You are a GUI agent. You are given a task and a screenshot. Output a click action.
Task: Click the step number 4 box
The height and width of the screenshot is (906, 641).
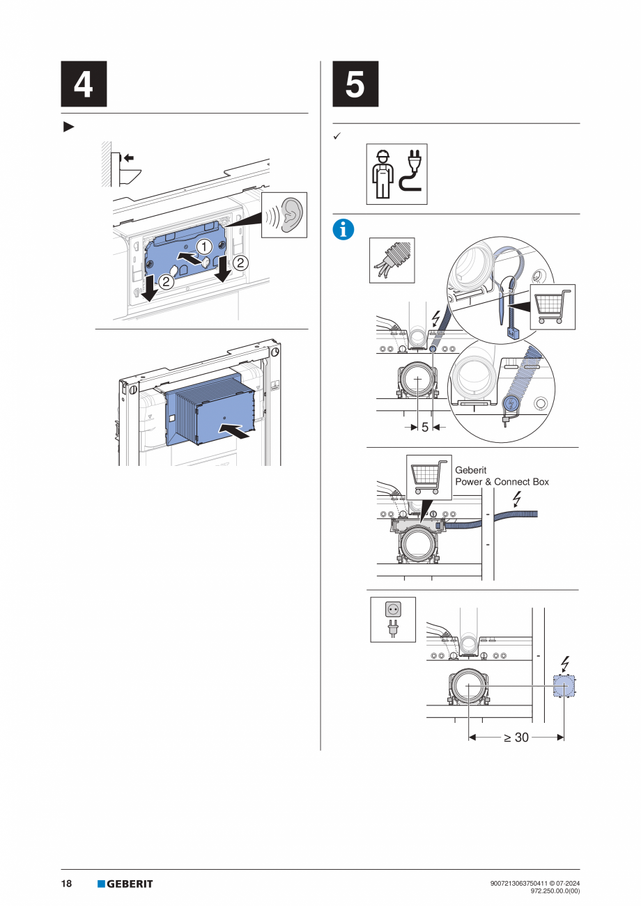click(x=84, y=84)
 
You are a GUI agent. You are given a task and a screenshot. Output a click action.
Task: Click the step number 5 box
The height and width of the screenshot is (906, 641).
click(x=355, y=84)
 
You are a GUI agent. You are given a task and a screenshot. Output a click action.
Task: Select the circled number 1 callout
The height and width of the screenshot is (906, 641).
click(x=203, y=247)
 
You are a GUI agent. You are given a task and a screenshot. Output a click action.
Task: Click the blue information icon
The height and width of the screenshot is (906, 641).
click(x=343, y=229)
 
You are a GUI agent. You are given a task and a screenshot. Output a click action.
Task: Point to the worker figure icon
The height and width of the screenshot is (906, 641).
click(x=383, y=174)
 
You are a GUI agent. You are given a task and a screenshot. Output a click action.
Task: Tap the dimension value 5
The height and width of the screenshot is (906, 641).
click(x=425, y=428)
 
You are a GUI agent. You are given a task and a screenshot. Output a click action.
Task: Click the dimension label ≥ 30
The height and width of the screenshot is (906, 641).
click(x=516, y=737)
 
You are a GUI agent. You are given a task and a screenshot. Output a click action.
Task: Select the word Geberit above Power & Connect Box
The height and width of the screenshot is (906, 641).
click(x=470, y=470)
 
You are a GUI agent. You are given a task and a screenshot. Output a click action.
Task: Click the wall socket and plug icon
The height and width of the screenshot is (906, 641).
click(x=393, y=619)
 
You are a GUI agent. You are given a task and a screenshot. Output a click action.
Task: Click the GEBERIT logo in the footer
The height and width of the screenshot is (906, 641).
click(x=125, y=884)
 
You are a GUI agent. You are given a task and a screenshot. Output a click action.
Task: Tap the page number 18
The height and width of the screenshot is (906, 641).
click(x=67, y=884)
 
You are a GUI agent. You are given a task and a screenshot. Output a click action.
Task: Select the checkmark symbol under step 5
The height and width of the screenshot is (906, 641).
click(x=336, y=136)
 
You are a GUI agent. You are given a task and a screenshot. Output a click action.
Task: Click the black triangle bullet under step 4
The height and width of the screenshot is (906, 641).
click(x=68, y=127)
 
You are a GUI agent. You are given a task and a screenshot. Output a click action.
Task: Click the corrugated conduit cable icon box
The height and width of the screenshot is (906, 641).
click(x=391, y=260)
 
